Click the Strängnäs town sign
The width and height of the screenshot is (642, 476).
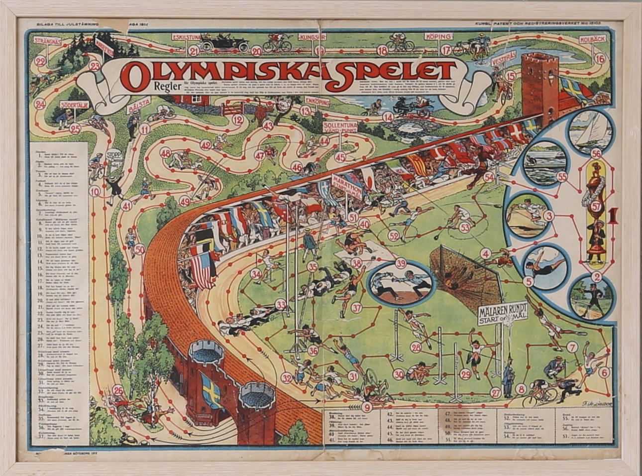point(48,42)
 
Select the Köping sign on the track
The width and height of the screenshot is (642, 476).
point(438,37)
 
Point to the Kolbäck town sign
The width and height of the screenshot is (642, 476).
point(592,41)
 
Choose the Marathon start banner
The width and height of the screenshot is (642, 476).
point(347,185)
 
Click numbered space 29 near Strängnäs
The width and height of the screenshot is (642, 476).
point(41,61)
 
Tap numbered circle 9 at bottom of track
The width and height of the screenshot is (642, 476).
point(367,406)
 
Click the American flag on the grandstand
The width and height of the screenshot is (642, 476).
point(202,269)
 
